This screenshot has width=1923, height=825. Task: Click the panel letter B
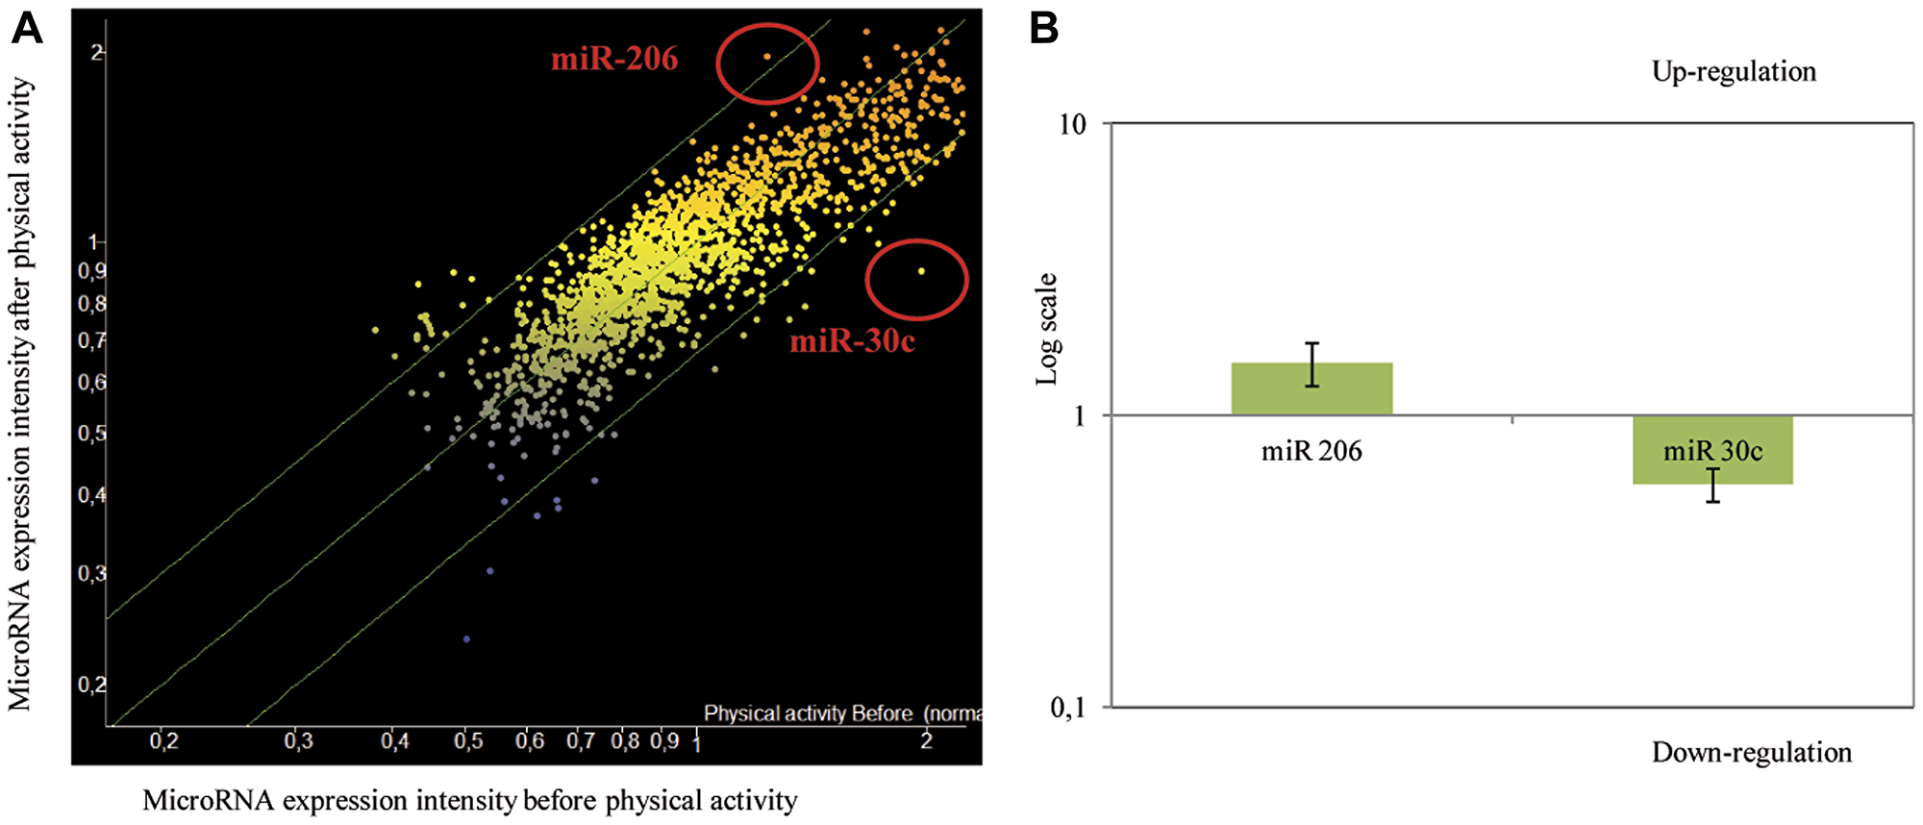pos(1044,29)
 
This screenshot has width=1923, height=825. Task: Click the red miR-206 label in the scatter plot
pos(614,60)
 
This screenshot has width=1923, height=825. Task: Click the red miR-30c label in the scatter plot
pos(852,341)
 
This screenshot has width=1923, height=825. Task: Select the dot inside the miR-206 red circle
pos(766,57)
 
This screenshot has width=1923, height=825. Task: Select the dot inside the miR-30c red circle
pos(921,271)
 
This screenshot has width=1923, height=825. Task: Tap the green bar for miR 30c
pos(1712,471)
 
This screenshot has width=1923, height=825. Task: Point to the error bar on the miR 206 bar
pos(1311,364)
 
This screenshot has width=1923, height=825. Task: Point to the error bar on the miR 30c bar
pos(1712,486)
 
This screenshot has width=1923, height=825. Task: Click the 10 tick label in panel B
pos(1071,124)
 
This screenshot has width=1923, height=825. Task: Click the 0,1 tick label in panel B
pos(1067,709)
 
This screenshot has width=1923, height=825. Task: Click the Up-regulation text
pos(1734,72)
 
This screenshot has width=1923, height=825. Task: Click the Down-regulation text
pos(1751,753)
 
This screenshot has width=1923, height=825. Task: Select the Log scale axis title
pos(1046,330)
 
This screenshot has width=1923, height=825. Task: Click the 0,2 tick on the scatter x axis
pos(164,741)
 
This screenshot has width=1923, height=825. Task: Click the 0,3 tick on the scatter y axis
pos(92,574)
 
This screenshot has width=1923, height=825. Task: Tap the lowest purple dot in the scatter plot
pos(466,638)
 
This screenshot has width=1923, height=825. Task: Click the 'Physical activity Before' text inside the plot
pos(808,713)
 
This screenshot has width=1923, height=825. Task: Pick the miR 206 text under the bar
pos(1311,451)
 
